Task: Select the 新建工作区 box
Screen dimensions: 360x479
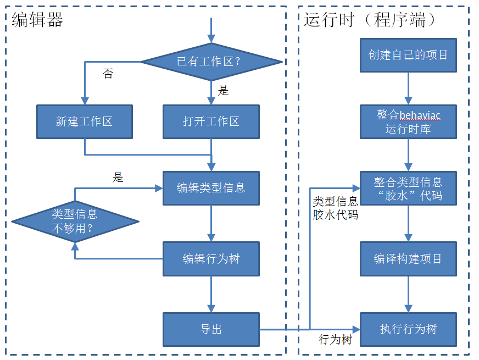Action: [x=85, y=121]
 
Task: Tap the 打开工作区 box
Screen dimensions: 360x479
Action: [x=211, y=121]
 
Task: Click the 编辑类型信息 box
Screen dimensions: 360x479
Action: [x=211, y=187]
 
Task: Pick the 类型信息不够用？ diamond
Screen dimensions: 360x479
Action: [x=75, y=221]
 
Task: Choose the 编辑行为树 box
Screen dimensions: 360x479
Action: [x=211, y=258]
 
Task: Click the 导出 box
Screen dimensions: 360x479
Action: [x=211, y=329]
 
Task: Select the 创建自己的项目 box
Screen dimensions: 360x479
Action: [x=408, y=55]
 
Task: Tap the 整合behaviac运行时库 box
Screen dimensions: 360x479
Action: [x=408, y=121]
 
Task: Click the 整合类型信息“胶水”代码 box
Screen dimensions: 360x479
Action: [x=408, y=188]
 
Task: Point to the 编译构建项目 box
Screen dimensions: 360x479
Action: [x=408, y=258]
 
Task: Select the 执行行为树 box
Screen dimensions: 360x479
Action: [x=408, y=329]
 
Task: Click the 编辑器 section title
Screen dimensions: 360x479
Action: [x=37, y=20]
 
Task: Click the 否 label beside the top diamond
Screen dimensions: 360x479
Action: [x=108, y=74]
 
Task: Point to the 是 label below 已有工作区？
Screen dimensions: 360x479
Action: [x=223, y=91]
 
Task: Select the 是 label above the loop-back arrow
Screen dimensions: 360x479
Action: [x=118, y=178]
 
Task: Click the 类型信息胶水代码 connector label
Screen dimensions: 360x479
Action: [x=335, y=208]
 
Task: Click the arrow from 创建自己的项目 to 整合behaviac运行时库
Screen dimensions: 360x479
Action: [x=408, y=88]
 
